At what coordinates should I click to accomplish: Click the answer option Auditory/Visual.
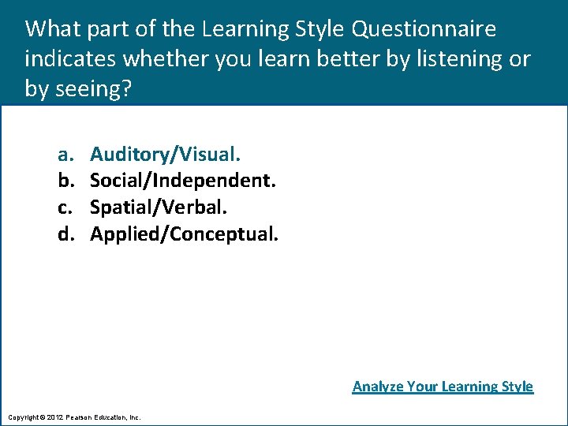165,154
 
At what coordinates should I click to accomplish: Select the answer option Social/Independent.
183,181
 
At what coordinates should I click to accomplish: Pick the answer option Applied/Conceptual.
184,234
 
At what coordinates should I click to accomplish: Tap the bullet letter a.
62,154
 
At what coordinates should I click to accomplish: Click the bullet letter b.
63,181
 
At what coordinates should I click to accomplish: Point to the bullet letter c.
62,207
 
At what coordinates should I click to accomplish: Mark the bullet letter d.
63,234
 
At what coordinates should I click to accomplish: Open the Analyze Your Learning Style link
443,387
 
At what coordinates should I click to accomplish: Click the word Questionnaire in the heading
424,30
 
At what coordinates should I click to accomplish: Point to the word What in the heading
53,30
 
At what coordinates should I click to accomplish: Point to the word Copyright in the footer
24,417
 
